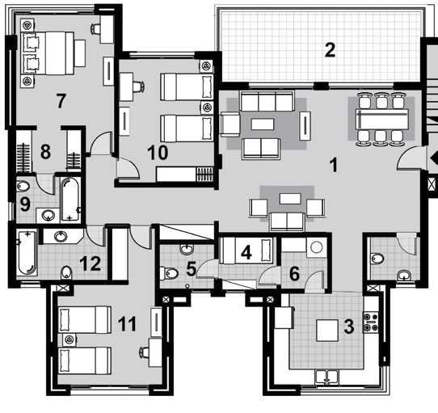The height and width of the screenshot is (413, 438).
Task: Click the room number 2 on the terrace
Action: [x=329, y=50]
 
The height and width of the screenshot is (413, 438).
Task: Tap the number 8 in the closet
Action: [x=45, y=150]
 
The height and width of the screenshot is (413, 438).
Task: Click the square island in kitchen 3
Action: [x=326, y=331]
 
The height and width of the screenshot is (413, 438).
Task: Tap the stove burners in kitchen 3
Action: [x=373, y=321]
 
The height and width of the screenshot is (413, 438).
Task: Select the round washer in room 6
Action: [x=315, y=248]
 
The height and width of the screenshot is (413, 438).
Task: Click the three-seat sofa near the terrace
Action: [x=262, y=102]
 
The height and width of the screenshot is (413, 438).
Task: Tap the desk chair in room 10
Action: [x=137, y=84]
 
